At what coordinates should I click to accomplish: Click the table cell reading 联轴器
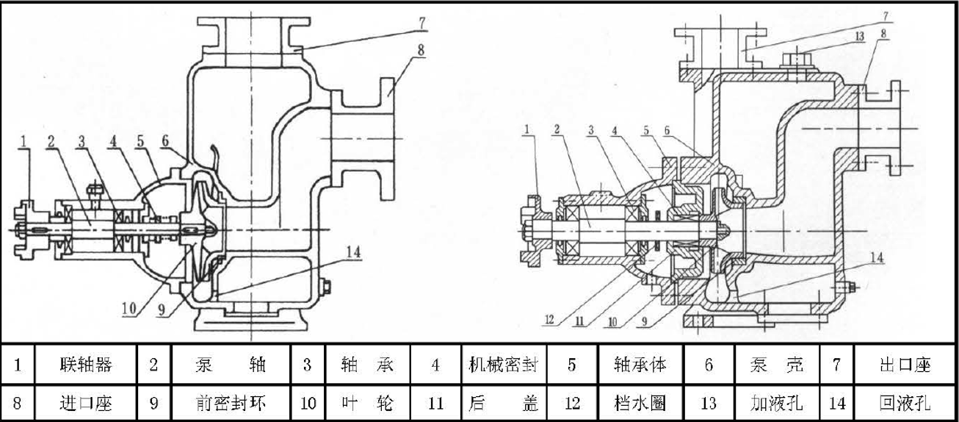click(x=86, y=364)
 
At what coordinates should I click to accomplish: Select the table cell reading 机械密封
click(x=504, y=364)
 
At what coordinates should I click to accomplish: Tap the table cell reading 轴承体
click(x=640, y=364)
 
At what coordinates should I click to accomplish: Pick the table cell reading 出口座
click(x=905, y=364)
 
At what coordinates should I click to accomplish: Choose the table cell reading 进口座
click(x=86, y=403)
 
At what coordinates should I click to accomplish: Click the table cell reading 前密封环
click(x=231, y=403)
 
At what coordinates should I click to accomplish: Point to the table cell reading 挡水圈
click(x=640, y=403)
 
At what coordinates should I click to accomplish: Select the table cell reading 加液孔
click(x=776, y=403)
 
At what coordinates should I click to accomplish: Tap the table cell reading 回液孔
click(x=905, y=403)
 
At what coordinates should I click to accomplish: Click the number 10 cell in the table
click(x=308, y=403)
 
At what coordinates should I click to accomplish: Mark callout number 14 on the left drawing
click(x=353, y=252)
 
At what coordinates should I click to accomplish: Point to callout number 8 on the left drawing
click(x=421, y=50)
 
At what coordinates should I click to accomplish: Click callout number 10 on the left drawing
click(x=129, y=309)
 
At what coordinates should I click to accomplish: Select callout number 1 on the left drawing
click(x=24, y=141)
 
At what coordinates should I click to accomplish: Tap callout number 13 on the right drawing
click(x=860, y=37)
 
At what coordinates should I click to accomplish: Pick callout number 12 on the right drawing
click(x=549, y=320)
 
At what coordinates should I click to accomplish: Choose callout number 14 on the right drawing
click(x=877, y=257)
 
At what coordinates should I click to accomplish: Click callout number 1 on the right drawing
click(x=526, y=128)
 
